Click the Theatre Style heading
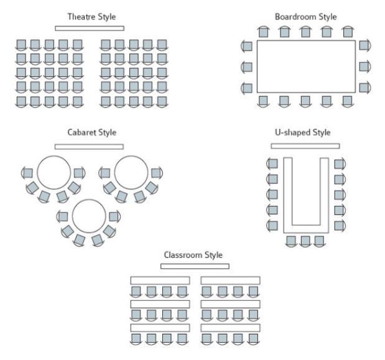click(x=91, y=16)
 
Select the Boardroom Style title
click(x=305, y=16)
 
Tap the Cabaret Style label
click(x=91, y=132)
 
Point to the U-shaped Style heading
click(x=304, y=132)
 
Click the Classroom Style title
click(x=193, y=255)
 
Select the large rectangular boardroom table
click(x=305, y=66)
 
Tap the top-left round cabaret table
click(x=53, y=172)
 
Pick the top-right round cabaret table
click(x=131, y=172)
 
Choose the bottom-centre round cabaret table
click(x=89, y=215)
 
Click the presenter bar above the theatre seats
click(x=90, y=28)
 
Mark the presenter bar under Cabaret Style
click(x=90, y=147)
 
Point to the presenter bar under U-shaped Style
click(x=305, y=146)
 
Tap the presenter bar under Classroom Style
click(x=195, y=266)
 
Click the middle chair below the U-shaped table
click(x=305, y=241)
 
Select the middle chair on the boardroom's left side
click(x=247, y=67)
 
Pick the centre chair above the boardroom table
click(x=305, y=32)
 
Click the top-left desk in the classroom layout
click(x=160, y=280)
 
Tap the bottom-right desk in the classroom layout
click(x=230, y=328)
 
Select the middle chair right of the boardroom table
click(x=364, y=67)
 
